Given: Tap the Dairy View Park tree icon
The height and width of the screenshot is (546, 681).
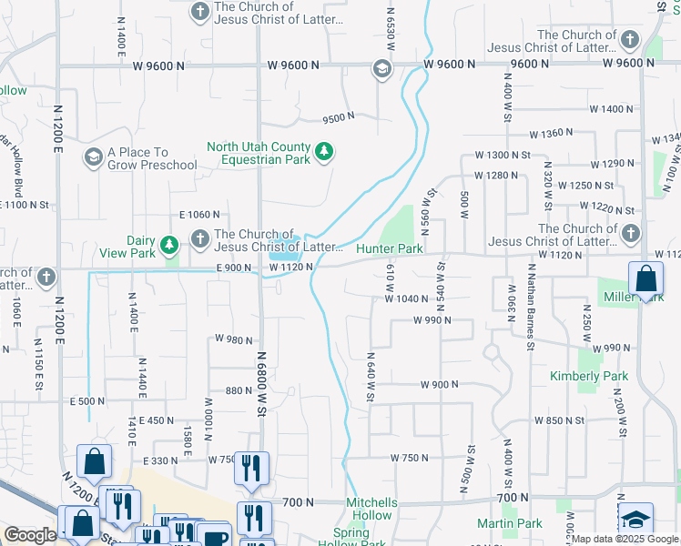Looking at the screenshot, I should (168, 245).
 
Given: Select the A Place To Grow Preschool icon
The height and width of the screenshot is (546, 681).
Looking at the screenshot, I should (92, 158).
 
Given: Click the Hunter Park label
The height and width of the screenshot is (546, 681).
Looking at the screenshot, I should (390, 248).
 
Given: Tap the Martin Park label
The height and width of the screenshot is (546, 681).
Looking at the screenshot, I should (510, 523).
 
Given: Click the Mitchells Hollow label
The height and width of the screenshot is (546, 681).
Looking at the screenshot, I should (371, 502).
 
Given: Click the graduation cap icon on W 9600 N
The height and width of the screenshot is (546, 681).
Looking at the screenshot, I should (381, 69).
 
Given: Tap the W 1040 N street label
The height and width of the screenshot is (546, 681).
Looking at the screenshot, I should (406, 298).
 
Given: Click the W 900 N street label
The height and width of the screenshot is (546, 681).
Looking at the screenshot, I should (440, 385).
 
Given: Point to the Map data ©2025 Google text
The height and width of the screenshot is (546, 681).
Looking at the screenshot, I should (624, 539).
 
